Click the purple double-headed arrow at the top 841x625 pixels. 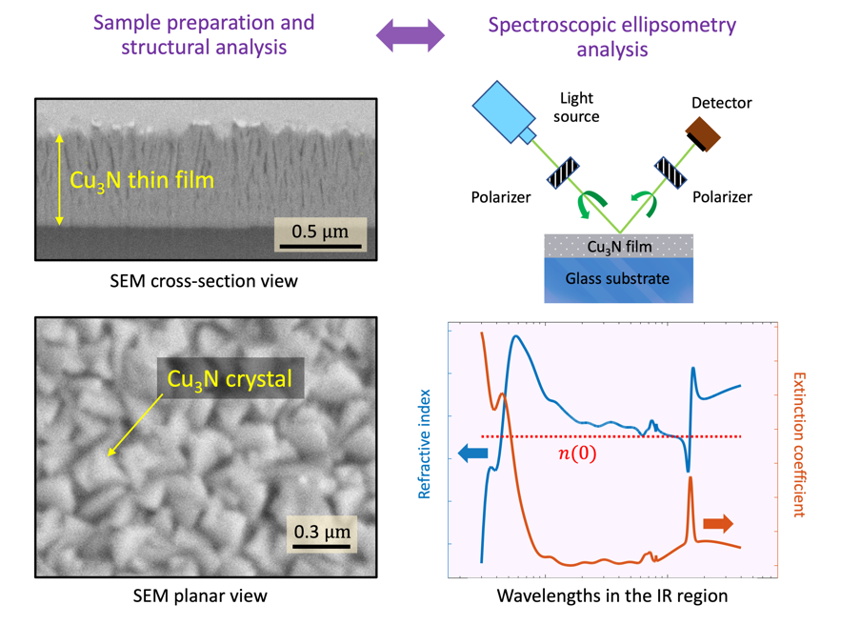pyautogui.click(x=410, y=36)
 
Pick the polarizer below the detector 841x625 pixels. pyautogui.click(x=671, y=172)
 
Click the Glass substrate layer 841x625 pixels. pyautogui.click(x=618, y=279)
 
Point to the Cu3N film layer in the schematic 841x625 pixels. pyautogui.click(x=618, y=247)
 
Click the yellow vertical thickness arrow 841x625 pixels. pyautogui.click(x=60, y=179)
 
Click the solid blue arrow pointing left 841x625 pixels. pyautogui.click(x=472, y=454)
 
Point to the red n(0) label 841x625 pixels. pyautogui.click(x=576, y=454)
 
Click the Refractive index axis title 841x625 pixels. pyautogui.click(x=426, y=444)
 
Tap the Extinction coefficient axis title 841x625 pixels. pyautogui.click(x=798, y=444)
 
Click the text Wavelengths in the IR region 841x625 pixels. pyautogui.click(x=612, y=596)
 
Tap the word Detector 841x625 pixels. pyautogui.click(x=721, y=103)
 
